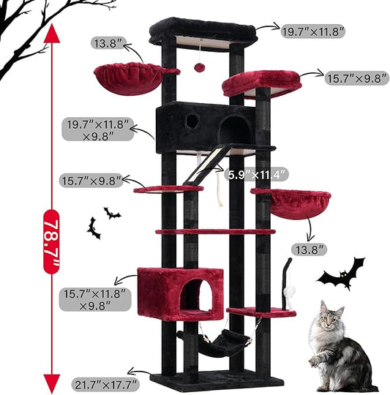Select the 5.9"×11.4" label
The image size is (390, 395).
click(x=257, y=174)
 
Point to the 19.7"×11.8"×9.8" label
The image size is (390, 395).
click(x=97, y=128)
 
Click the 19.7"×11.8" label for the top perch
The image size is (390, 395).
click(x=313, y=30)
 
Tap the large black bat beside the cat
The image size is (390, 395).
click(x=342, y=274)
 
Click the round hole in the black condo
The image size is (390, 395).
click(x=191, y=121)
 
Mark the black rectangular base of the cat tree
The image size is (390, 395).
click(x=217, y=380)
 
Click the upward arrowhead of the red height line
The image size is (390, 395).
click(x=50, y=33)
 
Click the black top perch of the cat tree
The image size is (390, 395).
click(x=202, y=31)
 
